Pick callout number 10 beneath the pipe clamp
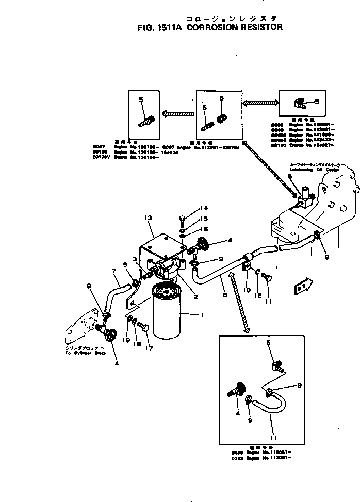pyautogui.click(x=247, y=290)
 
